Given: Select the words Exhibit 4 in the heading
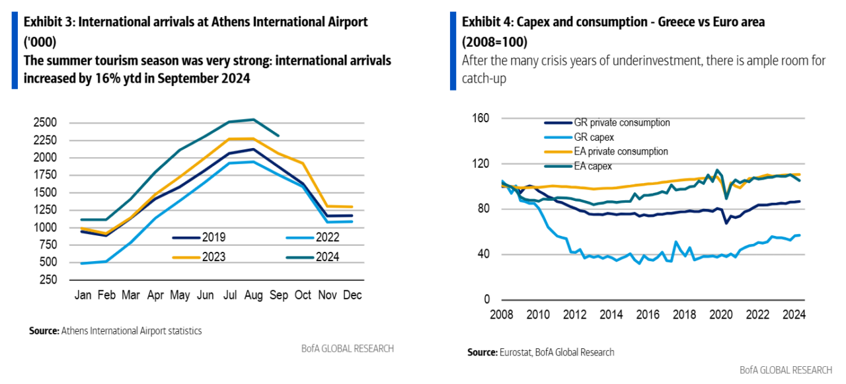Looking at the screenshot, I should click(x=485, y=22).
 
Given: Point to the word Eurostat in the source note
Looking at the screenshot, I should click(x=514, y=352).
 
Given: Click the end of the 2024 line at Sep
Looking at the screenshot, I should click(x=278, y=135).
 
